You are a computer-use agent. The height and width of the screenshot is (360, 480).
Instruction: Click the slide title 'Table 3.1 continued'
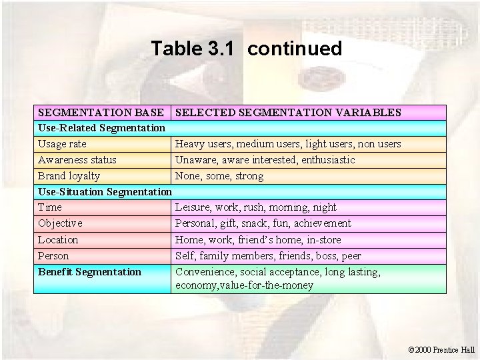(x=246, y=49)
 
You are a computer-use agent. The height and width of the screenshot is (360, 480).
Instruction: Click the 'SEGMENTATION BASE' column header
(x=101, y=113)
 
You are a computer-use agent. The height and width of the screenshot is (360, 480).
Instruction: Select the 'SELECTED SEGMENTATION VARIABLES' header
(x=287, y=113)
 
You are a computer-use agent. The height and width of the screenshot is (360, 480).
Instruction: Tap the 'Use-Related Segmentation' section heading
(x=101, y=127)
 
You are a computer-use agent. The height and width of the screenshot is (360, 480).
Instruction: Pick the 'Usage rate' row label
(x=62, y=144)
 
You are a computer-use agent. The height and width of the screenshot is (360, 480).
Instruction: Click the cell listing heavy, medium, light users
(x=287, y=144)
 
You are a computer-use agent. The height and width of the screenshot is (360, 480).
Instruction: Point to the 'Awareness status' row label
(x=77, y=160)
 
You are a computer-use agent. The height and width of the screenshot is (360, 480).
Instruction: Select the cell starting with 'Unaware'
(x=265, y=160)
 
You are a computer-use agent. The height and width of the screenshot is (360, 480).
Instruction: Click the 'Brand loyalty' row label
(x=69, y=176)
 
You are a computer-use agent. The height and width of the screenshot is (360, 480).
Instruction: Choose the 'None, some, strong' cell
(x=219, y=176)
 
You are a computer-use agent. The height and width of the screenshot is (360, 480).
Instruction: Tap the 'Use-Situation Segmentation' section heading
(x=105, y=192)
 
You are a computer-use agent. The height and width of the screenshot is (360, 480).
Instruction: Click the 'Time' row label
(x=49, y=207)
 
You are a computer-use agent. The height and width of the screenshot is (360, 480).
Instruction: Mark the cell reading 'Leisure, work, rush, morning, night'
(x=255, y=207)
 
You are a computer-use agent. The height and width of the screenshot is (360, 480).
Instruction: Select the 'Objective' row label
(x=60, y=223)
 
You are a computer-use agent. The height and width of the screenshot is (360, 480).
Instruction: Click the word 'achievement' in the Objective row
(x=319, y=223)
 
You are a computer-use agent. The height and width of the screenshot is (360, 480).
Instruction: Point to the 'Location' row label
(x=58, y=240)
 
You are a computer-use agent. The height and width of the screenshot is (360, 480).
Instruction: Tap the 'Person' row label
(x=53, y=256)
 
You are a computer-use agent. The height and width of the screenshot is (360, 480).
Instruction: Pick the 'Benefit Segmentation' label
(x=89, y=272)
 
